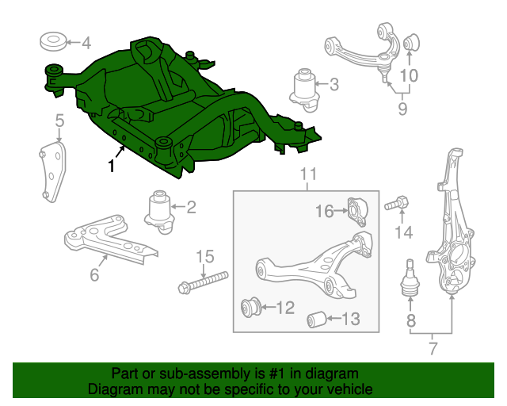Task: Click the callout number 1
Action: pyautogui.click(x=111, y=167)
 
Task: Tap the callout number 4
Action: pyautogui.click(x=86, y=43)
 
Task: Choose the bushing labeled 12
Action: pyautogui.click(x=251, y=306)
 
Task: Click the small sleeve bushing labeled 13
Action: pyautogui.click(x=316, y=320)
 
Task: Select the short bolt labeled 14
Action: pyautogui.click(x=396, y=205)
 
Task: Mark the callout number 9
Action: pyautogui.click(x=402, y=110)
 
